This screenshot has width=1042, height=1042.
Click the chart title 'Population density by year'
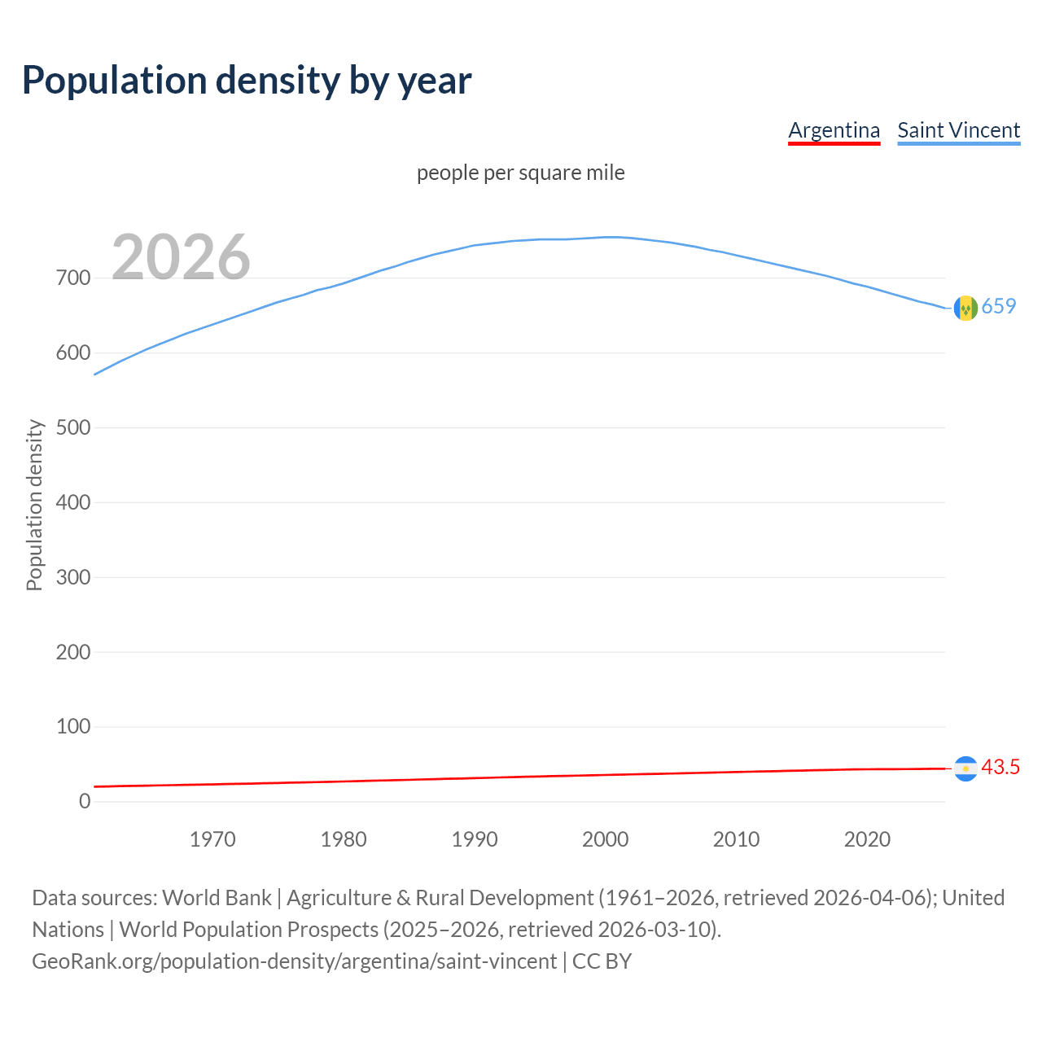tap(247, 81)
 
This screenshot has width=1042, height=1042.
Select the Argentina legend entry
tap(834, 130)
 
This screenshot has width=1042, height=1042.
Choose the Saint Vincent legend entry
tap(958, 130)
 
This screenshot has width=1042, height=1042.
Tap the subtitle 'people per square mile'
tap(520, 173)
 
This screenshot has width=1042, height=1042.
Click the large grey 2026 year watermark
tap(181, 257)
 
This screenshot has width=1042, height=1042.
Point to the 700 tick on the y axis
tap(73, 278)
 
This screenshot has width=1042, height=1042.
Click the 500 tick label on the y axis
tap(73, 428)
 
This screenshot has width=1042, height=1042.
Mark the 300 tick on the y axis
tap(73, 577)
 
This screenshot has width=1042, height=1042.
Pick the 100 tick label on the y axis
tap(73, 727)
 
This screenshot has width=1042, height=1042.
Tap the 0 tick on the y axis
tap(85, 802)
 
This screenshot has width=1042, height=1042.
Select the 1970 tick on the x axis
tap(212, 839)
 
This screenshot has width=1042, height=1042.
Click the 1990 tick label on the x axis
tap(475, 839)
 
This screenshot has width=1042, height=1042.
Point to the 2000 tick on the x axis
tap(605, 839)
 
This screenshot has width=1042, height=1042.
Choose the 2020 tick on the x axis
tap(867, 839)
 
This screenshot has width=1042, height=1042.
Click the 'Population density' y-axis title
tap(34, 505)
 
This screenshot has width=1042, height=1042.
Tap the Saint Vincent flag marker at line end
tap(965, 309)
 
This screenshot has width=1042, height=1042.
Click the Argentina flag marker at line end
tap(965, 768)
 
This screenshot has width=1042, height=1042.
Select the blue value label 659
tap(999, 306)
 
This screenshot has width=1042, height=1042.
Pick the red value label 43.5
tap(1000, 768)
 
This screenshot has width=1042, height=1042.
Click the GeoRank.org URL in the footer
tap(294, 961)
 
